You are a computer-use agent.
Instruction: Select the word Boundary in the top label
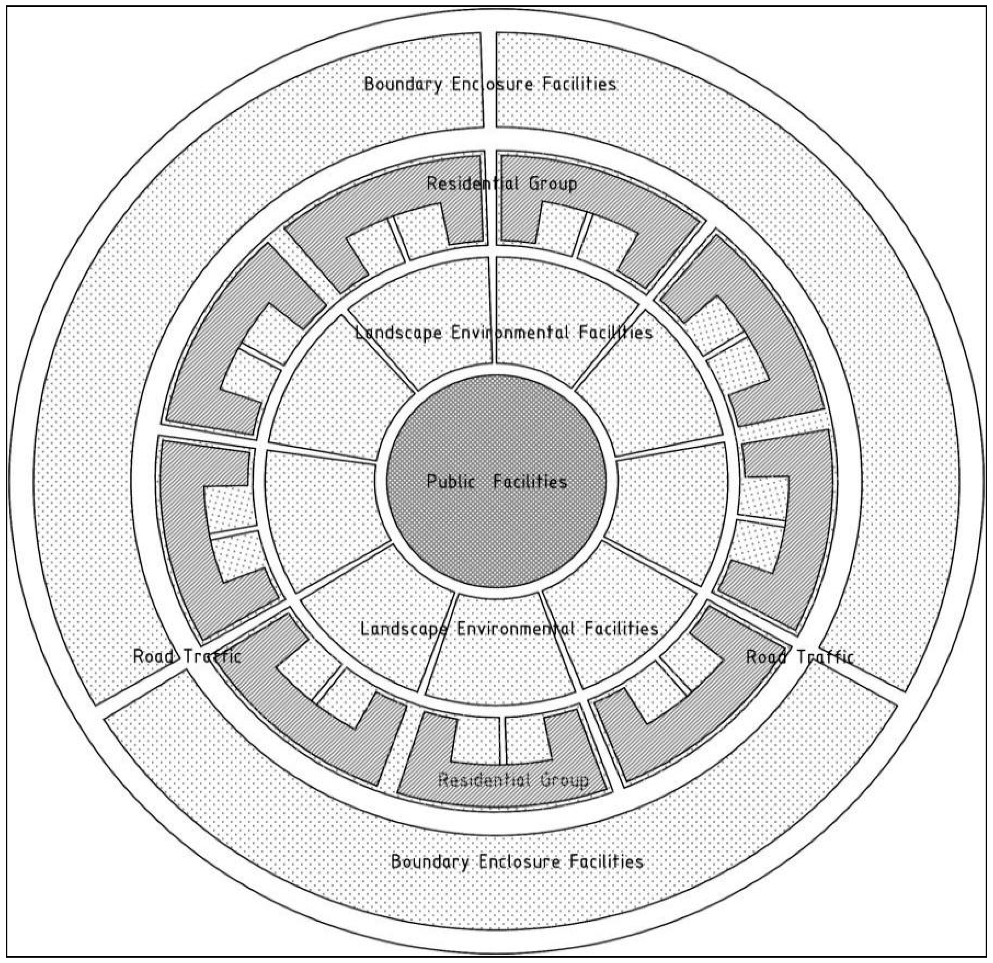[x=403, y=84]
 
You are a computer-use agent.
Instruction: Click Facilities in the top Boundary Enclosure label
[x=579, y=84]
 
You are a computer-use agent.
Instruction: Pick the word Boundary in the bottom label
[x=430, y=861]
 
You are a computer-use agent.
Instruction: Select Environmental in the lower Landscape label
[x=516, y=629]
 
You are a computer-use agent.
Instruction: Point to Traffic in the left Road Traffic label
[x=212, y=656]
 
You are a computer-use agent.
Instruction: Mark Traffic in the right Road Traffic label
[x=826, y=657]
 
